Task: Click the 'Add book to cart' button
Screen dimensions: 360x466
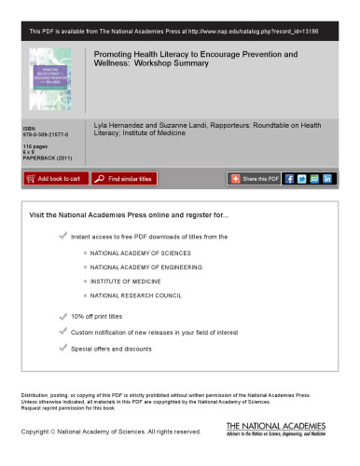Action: tap(53, 178)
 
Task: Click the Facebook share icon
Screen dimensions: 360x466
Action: tap(289, 178)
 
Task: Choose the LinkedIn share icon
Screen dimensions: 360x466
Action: tap(328, 178)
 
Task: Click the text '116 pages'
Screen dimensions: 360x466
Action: tap(34, 146)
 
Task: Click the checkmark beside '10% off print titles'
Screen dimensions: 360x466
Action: tap(62, 317)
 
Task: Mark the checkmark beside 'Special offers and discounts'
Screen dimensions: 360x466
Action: tap(62, 348)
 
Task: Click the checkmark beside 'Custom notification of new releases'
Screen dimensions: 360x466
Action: tap(62, 332)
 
